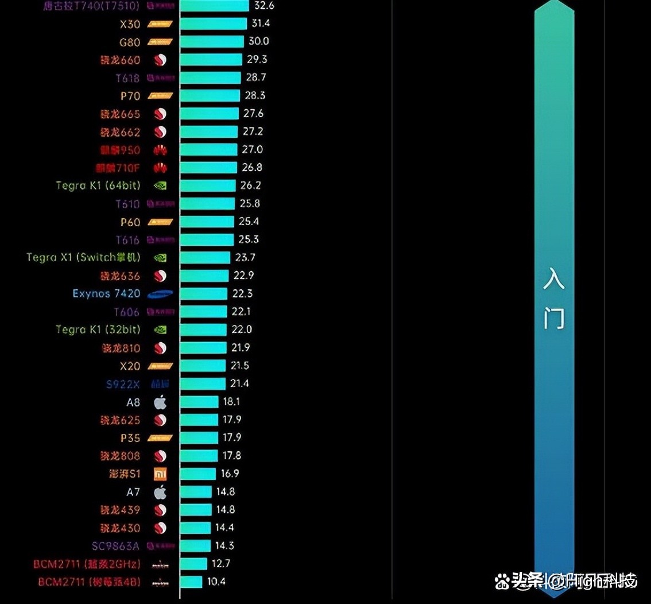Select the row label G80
pos(130,42)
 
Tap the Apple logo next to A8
pos(160,402)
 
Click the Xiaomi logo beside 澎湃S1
pos(160,474)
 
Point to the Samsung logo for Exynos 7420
pos(160,294)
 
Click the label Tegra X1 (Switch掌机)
pos(83,257)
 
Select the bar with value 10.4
pos(191,582)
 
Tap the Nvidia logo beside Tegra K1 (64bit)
pos(160,185)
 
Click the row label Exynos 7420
pos(106,293)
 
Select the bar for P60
pos(207,222)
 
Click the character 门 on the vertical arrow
pos(554,319)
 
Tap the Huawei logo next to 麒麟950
pos(160,150)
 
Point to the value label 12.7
pos(221,563)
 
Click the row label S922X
pos(123,384)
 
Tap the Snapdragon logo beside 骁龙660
pos(160,60)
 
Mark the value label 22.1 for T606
pos(242,311)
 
